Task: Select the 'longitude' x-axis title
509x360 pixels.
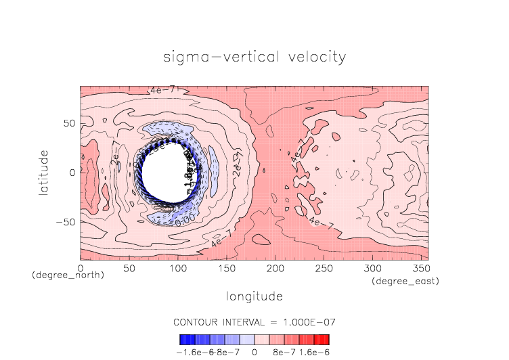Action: tap(255, 296)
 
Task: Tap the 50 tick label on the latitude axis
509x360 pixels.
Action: tap(68, 123)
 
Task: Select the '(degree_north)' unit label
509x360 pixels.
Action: tap(68, 275)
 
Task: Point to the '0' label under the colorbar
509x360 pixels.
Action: tap(255, 352)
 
